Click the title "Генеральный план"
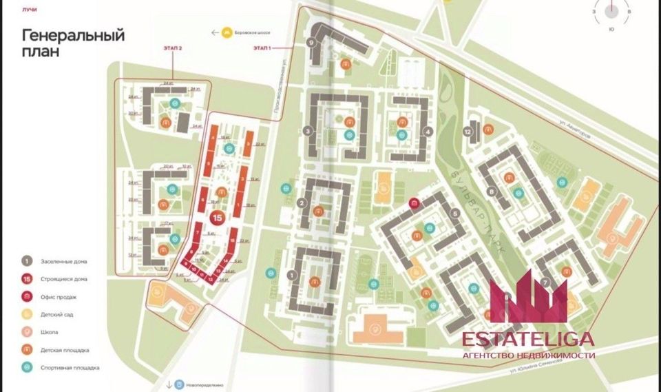[73, 43]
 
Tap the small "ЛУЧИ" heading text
[30, 10]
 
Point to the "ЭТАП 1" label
[262, 48]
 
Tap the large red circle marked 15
[217, 218]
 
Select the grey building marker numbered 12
[468, 132]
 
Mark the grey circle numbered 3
[308, 132]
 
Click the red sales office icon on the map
[414, 203]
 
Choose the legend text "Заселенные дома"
[63, 261]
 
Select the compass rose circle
[610, 12]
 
